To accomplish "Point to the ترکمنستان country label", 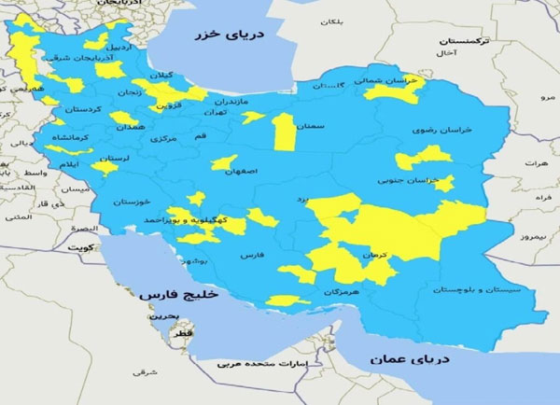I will (x=462, y=43).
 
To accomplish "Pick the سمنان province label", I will (x=311, y=124).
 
